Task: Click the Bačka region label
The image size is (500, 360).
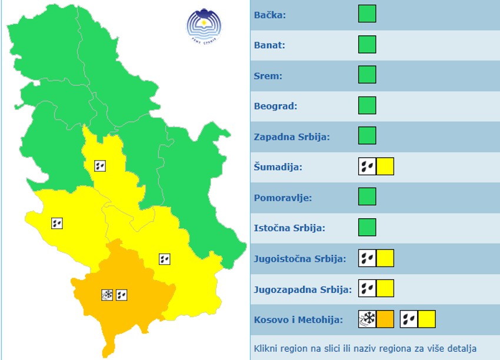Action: tap(270, 15)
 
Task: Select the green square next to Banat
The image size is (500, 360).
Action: tap(367, 45)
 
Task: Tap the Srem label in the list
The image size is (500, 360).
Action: tap(268, 76)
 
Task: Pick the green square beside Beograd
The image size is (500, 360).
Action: tap(367, 106)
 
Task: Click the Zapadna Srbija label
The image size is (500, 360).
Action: tap(292, 137)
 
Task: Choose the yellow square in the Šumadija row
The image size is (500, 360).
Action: tap(385, 166)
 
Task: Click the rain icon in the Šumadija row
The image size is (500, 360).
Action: tap(367, 166)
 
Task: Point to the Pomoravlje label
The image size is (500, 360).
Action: tap(283, 198)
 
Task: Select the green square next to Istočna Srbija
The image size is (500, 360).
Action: tap(367, 228)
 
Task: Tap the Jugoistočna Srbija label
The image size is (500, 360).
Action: tap(299, 259)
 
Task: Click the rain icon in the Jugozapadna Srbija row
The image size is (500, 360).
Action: tap(367, 288)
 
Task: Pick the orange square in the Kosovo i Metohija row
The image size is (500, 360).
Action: tap(385, 319)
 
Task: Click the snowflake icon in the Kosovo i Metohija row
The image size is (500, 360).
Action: tap(367, 319)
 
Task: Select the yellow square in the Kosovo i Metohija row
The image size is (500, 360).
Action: tap(427, 319)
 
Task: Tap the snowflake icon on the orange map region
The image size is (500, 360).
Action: tap(107, 295)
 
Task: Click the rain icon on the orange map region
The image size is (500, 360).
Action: tap(122, 295)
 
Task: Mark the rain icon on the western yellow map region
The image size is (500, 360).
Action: tap(57, 223)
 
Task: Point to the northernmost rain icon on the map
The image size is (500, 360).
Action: tap(100, 166)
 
